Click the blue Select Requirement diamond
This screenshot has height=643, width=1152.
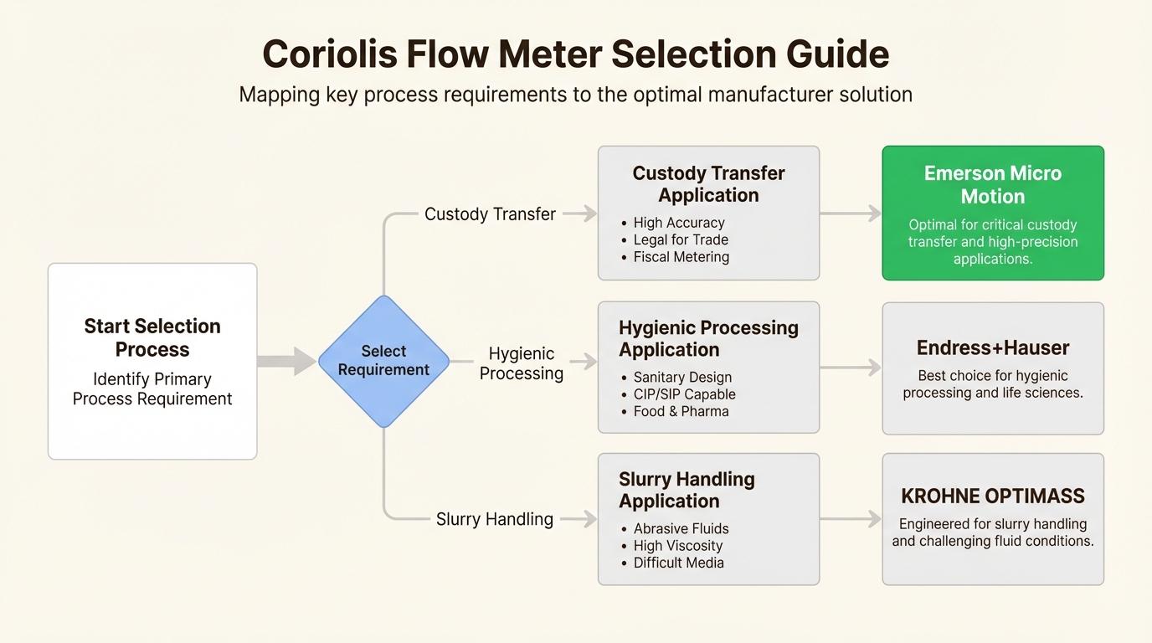[x=383, y=361]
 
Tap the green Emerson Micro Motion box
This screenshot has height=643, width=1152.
[x=993, y=213]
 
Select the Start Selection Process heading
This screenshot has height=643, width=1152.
[x=152, y=337]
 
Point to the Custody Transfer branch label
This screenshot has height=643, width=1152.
[x=490, y=214]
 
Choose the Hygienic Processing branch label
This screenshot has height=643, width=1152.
[x=521, y=363]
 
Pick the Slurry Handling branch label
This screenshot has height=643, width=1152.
[x=494, y=519]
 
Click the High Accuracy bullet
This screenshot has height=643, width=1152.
[x=678, y=223]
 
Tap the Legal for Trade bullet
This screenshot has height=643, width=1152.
[x=680, y=240]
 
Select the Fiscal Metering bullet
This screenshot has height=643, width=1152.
[x=681, y=257]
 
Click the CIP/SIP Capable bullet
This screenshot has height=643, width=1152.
[x=684, y=394]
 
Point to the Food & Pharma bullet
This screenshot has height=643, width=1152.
[x=681, y=411]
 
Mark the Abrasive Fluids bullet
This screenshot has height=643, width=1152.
[x=681, y=528]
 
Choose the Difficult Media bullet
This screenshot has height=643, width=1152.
[x=678, y=563]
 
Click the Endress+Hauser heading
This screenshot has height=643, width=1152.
[x=993, y=348]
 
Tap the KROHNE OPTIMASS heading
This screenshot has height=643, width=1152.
[x=993, y=496]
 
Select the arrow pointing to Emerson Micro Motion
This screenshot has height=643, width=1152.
[x=851, y=213]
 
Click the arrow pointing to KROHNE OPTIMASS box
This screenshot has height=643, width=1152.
[x=851, y=519]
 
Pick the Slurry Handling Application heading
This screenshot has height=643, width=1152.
[x=687, y=490]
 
